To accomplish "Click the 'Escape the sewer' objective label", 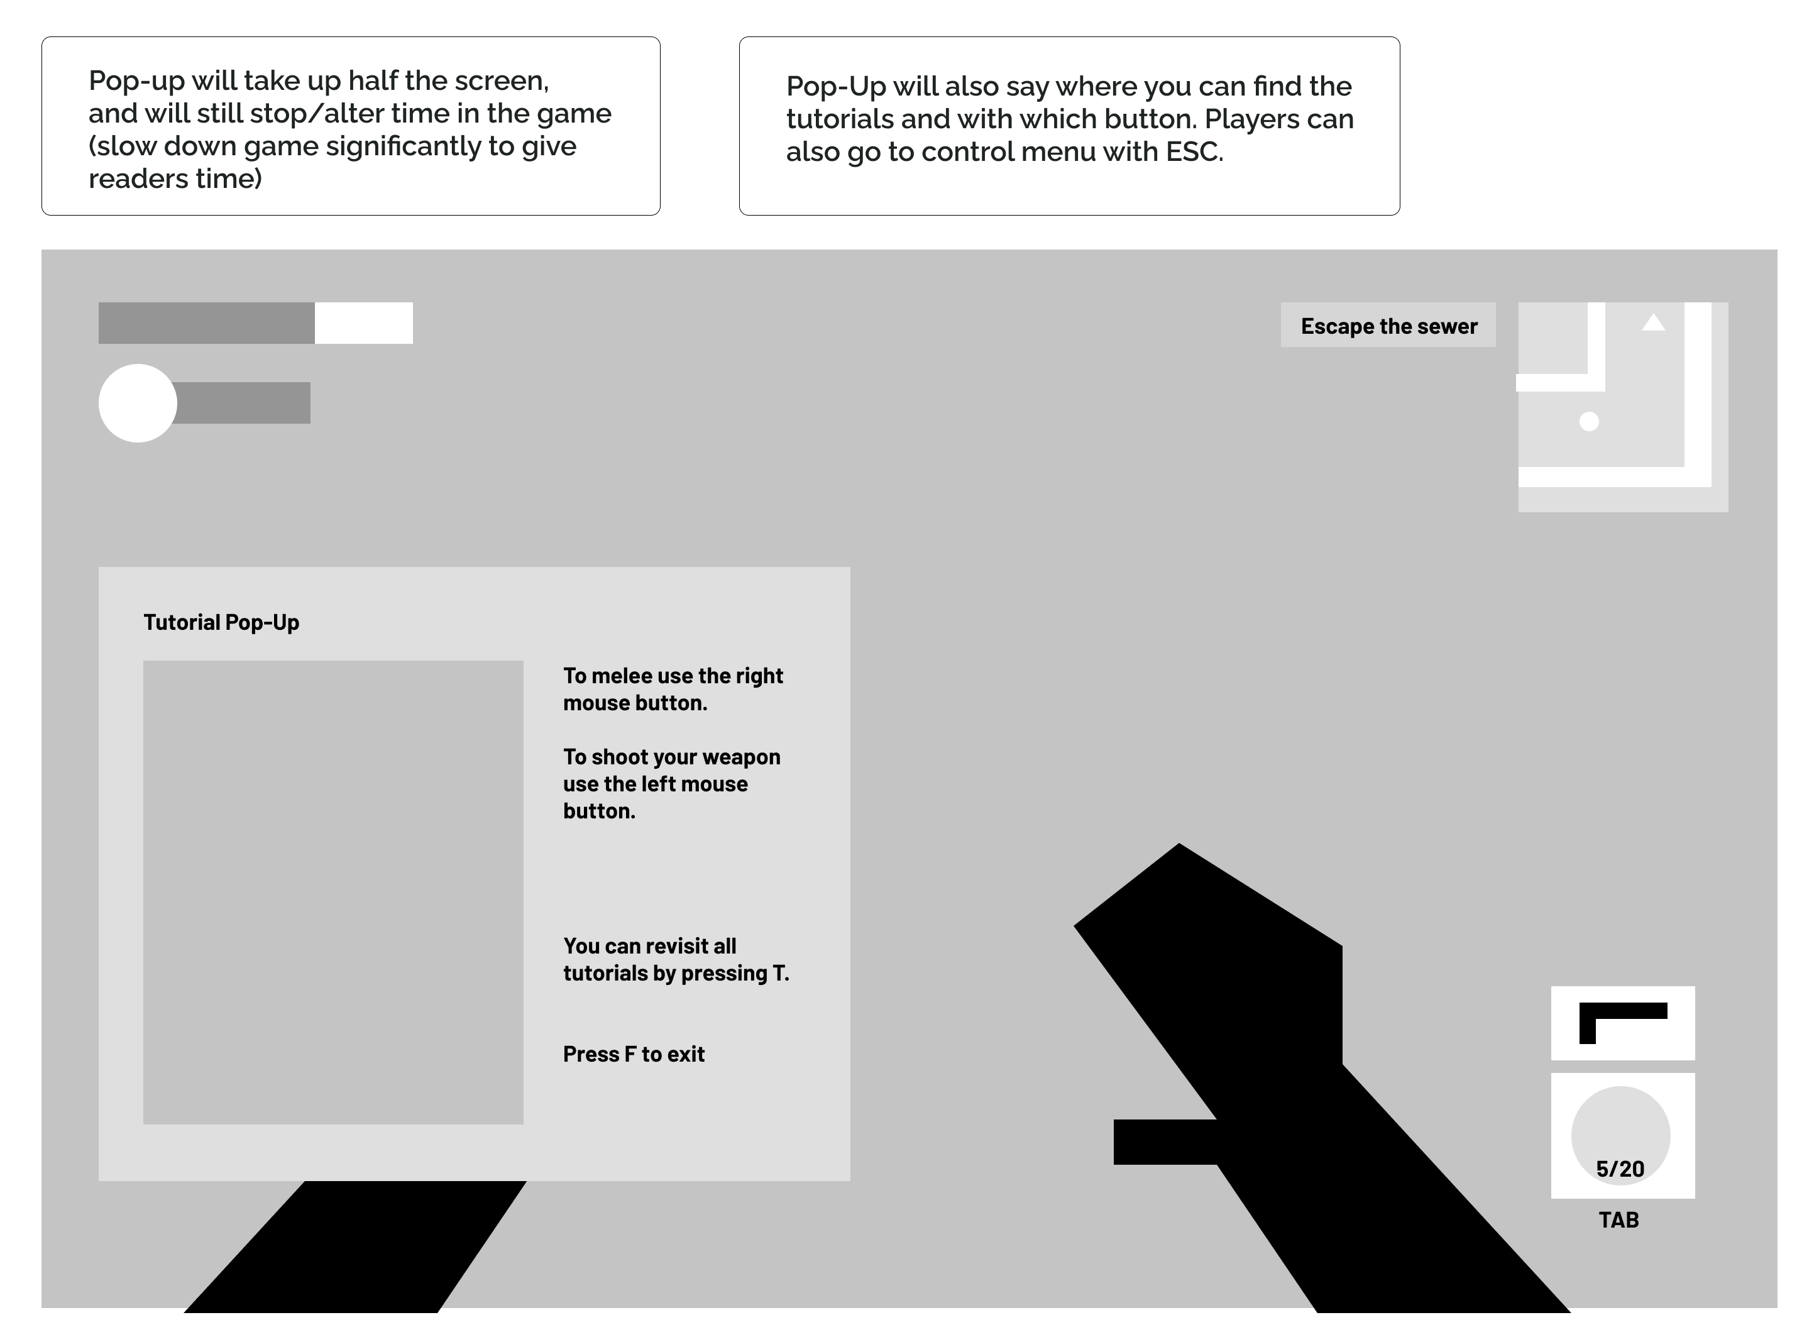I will tap(1388, 326).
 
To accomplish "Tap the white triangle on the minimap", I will tap(1653, 323).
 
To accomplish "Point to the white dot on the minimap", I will tap(1588, 422).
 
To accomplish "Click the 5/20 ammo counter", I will tap(1620, 1169).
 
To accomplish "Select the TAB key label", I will tap(1618, 1220).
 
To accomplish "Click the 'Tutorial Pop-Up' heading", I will tap(221, 622).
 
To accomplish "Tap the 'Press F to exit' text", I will tap(634, 1055).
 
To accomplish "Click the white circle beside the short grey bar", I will tap(137, 403).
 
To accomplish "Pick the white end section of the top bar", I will tap(363, 323).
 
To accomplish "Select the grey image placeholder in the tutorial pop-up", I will tap(333, 892).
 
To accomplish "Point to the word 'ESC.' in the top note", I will tap(1194, 152).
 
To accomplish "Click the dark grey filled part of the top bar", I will tap(206, 323).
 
